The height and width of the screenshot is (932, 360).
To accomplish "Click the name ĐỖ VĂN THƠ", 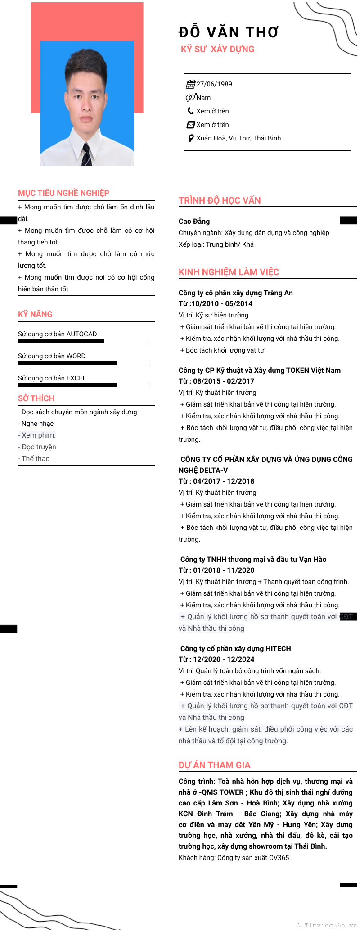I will click(229, 32).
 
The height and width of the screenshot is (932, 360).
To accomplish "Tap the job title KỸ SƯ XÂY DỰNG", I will click(218, 49).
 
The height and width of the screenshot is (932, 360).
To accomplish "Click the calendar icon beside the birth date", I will click(191, 84).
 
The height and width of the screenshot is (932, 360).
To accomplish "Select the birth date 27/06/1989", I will click(214, 84).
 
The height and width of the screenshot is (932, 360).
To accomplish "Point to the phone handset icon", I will click(191, 111).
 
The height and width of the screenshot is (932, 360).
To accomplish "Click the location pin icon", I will click(191, 138).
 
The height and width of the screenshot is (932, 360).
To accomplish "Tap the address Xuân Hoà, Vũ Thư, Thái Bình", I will click(238, 138).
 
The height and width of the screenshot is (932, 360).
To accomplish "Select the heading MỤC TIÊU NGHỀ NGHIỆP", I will click(63, 193).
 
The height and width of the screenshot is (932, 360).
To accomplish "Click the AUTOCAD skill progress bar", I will click(84, 341).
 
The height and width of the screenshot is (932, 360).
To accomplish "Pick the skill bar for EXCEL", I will click(84, 385).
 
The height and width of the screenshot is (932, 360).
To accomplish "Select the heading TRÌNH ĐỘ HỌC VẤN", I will click(220, 200).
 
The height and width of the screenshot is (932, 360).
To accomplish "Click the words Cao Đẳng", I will click(194, 221).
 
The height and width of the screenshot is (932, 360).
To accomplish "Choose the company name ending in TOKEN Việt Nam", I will click(260, 370).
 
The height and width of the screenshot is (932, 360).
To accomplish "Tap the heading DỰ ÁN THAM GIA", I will click(214, 765).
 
